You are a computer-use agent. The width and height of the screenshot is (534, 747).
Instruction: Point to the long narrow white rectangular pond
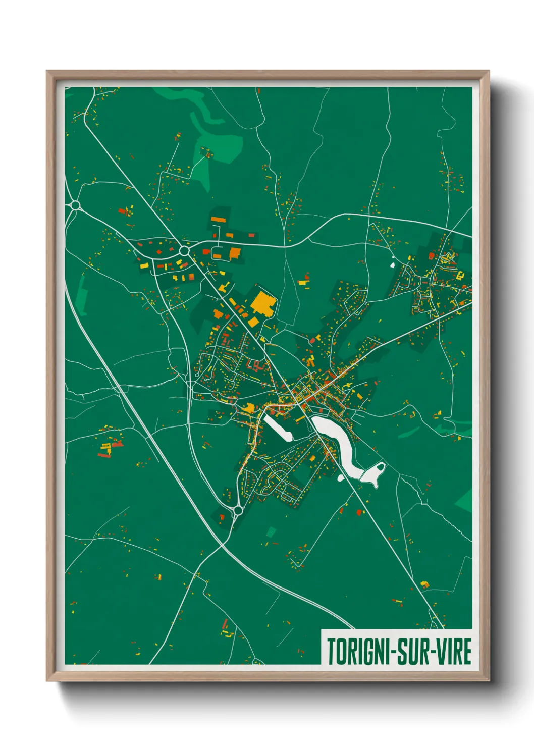[277, 429]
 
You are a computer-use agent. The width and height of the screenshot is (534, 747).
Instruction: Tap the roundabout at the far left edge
[76, 205]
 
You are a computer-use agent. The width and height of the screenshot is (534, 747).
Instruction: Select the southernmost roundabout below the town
[237, 511]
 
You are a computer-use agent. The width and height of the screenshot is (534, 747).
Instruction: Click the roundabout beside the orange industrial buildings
[184, 250]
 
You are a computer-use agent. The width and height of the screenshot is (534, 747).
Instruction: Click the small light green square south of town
[271, 531]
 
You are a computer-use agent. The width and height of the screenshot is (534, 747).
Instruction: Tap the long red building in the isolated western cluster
[104, 456]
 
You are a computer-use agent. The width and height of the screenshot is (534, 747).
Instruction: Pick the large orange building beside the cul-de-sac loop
[235, 253]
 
